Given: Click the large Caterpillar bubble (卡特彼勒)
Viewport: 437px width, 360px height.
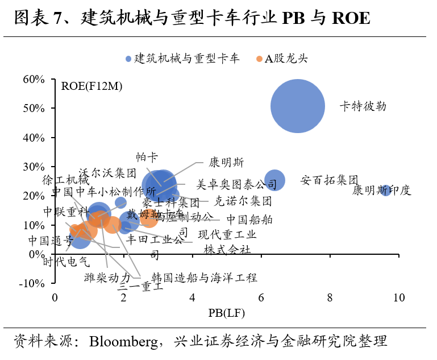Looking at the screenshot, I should (297, 106).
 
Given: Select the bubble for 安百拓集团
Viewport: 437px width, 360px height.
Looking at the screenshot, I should (274, 180).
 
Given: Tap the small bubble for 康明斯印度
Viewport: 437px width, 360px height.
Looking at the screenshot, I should (386, 190).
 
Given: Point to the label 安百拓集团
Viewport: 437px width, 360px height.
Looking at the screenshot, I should (330, 180).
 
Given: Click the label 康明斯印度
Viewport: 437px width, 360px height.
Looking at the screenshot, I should (381, 191).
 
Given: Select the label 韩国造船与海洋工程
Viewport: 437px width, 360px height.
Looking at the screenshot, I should (204, 278).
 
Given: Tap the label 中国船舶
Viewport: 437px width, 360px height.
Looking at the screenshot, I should (249, 220).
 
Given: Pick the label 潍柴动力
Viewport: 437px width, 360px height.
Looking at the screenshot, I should (107, 278).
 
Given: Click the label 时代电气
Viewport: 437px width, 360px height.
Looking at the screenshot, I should (66, 262).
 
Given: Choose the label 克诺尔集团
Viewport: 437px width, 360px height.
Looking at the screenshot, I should (243, 201).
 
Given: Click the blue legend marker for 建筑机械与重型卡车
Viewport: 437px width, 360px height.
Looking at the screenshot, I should (129, 59).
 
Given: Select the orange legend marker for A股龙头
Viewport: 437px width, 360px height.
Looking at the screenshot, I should (259, 59).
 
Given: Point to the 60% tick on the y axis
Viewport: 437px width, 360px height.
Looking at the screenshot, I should (33, 79).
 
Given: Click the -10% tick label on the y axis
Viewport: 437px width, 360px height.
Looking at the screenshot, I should (32, 283).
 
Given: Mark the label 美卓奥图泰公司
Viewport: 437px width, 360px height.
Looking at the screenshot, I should (232, 185).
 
